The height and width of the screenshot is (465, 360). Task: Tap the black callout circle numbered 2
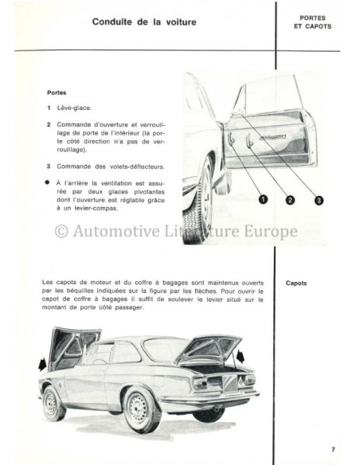point(290,200)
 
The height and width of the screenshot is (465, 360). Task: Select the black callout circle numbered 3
point(318,200)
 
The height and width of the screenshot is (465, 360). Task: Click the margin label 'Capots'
point(299,283)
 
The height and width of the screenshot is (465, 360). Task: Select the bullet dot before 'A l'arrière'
point(49,181)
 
